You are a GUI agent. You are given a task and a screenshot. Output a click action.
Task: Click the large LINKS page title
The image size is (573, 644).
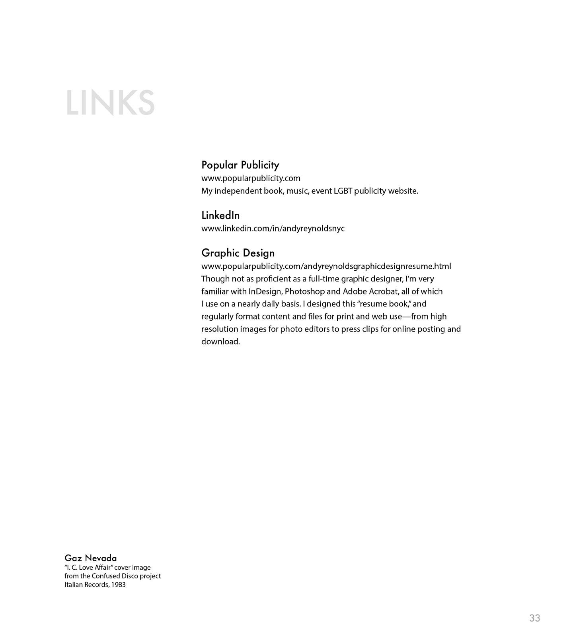110,103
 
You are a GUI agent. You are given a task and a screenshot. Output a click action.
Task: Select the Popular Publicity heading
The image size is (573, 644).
240,165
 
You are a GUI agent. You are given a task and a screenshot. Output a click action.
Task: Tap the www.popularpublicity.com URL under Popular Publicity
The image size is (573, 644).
251,178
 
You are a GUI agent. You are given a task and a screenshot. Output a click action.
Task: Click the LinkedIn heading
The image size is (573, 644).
220,215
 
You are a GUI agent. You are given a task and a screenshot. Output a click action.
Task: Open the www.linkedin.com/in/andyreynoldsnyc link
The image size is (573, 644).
273,229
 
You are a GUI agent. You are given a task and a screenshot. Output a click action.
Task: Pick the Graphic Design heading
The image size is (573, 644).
238,253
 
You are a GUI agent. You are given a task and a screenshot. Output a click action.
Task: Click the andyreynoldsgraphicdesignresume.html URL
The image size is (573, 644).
326,266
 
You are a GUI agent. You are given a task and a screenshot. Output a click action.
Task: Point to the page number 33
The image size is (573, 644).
534,618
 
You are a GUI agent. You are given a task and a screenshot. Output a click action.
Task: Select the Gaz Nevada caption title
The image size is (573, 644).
91,558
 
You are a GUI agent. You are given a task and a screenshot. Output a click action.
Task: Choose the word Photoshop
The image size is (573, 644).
305,292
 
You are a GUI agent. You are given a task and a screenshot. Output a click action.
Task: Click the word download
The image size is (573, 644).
220,342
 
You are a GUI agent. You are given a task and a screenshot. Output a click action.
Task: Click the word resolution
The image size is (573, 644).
220,329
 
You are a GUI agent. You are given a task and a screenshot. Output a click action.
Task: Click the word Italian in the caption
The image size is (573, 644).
73,585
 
